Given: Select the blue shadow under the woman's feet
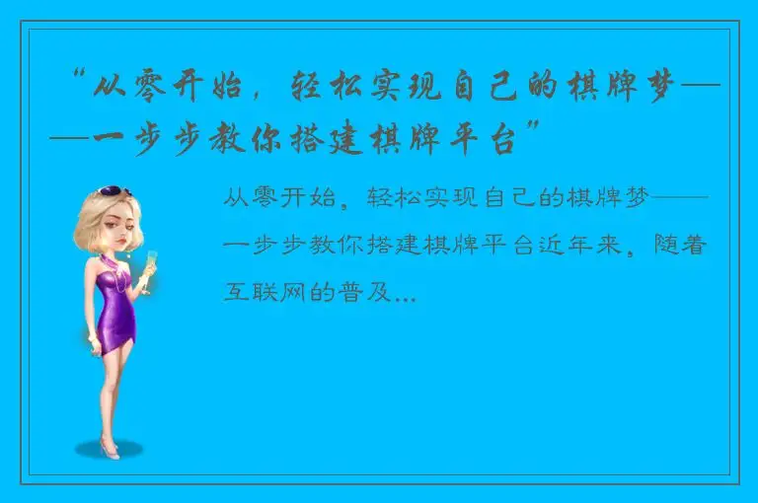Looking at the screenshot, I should pyautogui.click(x=110, y=451).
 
